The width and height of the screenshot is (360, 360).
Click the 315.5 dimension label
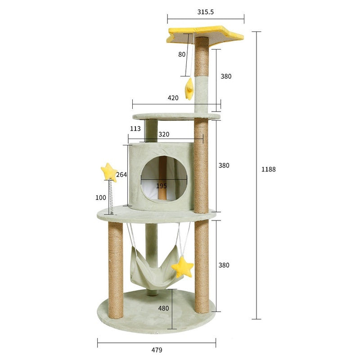(x=206, y=12)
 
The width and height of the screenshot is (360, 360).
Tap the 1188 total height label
(x=268, y=169)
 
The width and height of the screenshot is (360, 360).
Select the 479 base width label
(x=157, y=350)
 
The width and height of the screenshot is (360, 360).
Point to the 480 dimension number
(x=163, y=308)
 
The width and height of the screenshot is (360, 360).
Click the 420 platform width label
(x=173, y=98)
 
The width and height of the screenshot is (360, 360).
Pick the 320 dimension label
(x=164, y=134)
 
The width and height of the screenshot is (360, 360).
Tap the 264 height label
(x=121, y=175)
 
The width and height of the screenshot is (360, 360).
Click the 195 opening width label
(x=162, y=186)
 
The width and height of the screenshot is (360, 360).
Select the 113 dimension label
(x=135, y=129)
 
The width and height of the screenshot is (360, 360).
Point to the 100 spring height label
(x=101, y=198)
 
